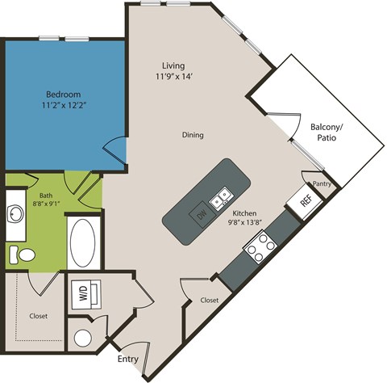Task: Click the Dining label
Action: coord(192,135)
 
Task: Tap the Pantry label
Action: coord(322,184)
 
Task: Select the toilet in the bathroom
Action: coord(23,255)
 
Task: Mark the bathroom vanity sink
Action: coord(17,213)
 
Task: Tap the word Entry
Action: coord(127,359)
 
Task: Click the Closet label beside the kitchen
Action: coord(209,301)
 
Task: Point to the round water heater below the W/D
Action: coord(82,339)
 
